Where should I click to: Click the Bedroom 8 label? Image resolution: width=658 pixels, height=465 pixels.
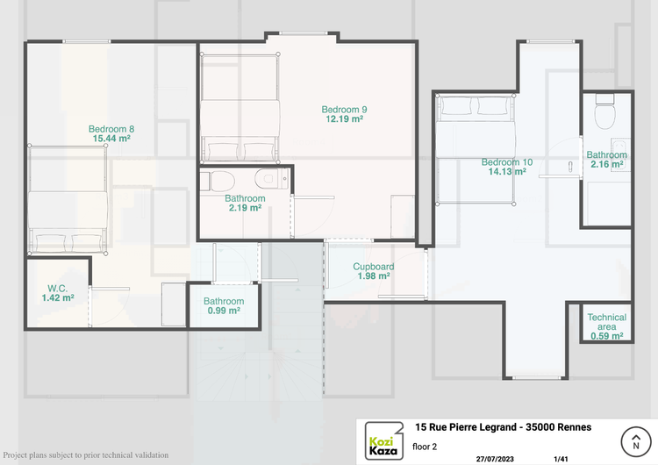(111, 129)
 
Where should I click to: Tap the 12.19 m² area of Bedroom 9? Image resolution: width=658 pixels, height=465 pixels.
(345, 118)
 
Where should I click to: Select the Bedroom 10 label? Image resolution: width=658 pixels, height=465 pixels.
(507, 162)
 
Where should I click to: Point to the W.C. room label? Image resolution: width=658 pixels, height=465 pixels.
(58, 289)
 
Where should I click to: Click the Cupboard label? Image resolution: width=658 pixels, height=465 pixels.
(374, 267)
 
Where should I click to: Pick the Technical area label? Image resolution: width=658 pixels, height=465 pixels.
(607, 322)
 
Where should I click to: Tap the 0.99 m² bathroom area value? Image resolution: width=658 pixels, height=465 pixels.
(224, 311)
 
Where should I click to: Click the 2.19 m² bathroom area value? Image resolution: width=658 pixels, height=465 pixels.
(245, 208)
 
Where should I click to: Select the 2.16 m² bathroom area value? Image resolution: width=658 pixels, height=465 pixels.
(607, 164)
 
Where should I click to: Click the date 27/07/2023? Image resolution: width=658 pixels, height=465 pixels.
(495, 459)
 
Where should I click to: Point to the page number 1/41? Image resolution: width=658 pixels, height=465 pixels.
(561, 459)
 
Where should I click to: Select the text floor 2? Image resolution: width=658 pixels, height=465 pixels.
(425, 447)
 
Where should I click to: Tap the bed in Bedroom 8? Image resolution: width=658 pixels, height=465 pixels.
(68, 200)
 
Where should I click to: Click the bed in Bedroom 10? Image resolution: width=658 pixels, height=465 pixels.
(476, 150)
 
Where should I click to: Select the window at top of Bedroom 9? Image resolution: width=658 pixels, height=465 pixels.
(304, 33)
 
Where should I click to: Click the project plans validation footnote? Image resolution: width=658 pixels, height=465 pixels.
(86, 455)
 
